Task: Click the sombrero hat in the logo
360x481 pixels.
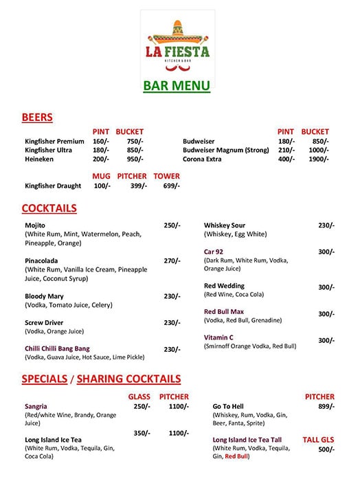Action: coord(177,30)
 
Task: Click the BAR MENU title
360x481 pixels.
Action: coord(177,86)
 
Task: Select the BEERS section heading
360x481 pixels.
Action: coord(37,118)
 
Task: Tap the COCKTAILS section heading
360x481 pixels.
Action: coord(49,208)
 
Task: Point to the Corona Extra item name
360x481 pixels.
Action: coord(202,159)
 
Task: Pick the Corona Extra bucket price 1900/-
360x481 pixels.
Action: coord(319,159)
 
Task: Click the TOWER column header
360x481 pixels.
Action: coord(166,176)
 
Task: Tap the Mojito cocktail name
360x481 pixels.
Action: coord(34,225)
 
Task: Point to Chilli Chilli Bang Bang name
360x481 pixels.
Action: coord(57,348)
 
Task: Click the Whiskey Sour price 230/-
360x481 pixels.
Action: coord(326,225)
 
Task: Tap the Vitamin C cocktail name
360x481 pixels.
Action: coord(218,337)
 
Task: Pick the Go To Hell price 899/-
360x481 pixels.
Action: coord(326,406)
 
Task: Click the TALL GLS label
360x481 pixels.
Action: coord(318,439)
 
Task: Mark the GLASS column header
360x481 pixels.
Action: coord(139,396)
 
